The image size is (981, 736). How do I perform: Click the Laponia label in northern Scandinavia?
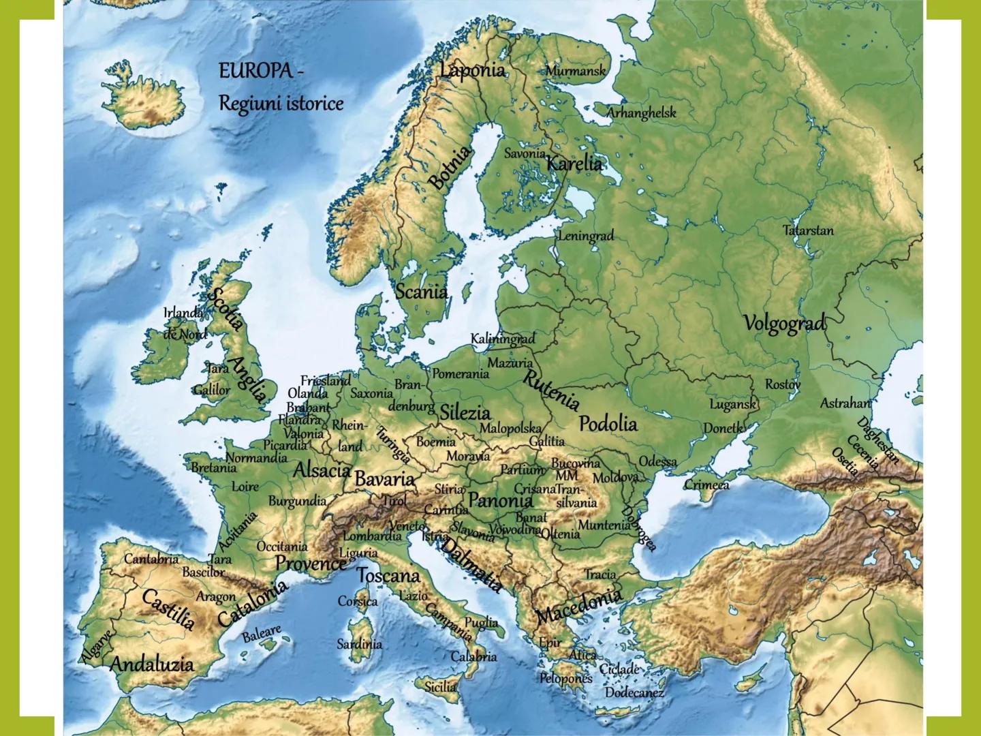click(472, 70)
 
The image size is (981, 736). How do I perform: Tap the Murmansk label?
click(575, 70)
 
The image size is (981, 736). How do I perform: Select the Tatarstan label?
click(808, 230)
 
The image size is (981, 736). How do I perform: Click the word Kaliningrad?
click(503, 339)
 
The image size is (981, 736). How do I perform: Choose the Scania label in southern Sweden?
click(422, 292)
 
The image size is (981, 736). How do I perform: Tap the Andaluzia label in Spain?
click(152, 664)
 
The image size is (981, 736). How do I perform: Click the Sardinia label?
click(359, 643)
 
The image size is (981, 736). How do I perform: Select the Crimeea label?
click(706, 485)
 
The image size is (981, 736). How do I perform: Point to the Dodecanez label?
click(634, 692)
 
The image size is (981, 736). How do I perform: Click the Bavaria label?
click(384, 479)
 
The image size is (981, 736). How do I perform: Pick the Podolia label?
click(608, 424)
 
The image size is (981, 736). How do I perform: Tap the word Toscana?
click(388, 576)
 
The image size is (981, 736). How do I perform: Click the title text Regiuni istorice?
click(281, 104)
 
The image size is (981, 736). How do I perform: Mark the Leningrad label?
click(586, 236)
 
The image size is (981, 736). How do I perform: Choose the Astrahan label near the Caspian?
click(845, 403)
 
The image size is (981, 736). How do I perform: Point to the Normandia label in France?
click(257, 458)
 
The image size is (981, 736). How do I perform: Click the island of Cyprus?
click(748, 681)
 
